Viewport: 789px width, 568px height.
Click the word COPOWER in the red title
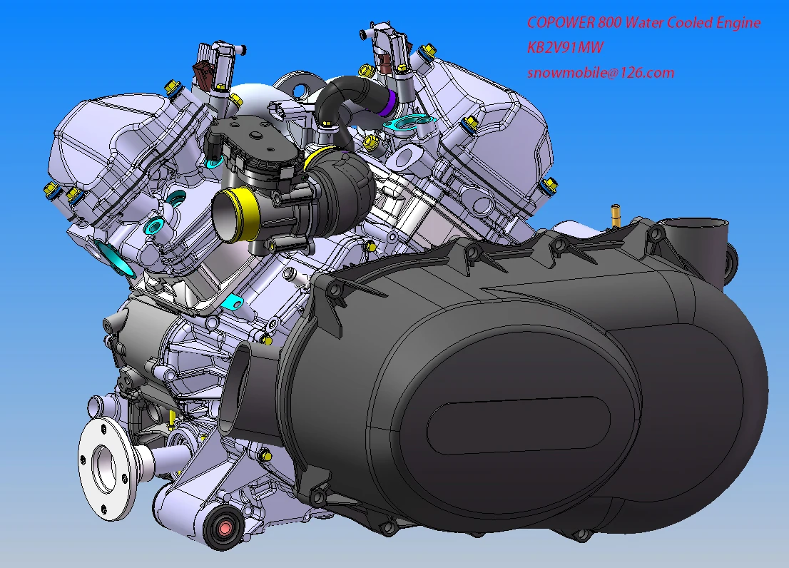[561, 23]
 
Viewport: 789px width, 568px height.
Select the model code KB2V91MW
[565, 48]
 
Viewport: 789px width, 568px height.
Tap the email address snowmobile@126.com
[601, 73]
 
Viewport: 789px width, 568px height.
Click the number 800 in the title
[611, 23]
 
